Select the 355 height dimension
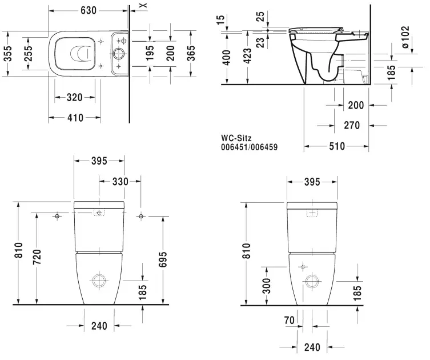[x=6, y=53]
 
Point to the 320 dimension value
[x=75, y=97]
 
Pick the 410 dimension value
[x=75, y=118]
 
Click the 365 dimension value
[x=192, y=53]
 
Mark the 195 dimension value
[x=150, y=53]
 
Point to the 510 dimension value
[x=337, y=146]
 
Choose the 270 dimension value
[x=352, y=125]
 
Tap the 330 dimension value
[x=119, y=181]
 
